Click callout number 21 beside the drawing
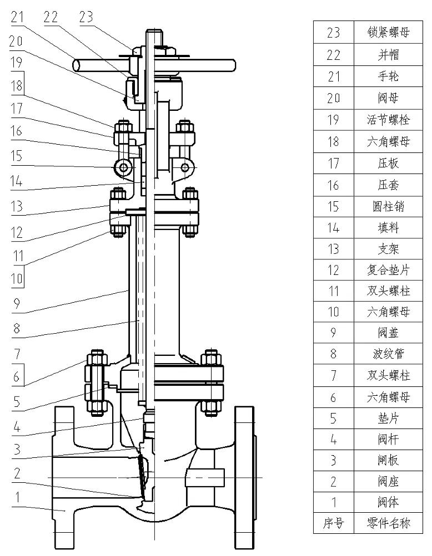point(17,17)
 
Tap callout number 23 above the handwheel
point(86,17)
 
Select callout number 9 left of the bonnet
point(16,304)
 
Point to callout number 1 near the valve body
point(17,497)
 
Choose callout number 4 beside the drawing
point(17,427)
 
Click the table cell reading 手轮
point(388,76)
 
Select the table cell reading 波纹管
point(388,354)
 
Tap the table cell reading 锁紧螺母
point(388,32)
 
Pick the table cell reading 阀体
point(388,502)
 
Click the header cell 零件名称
point(388,523)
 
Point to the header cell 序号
point(333,523)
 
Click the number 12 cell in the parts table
point(333,270)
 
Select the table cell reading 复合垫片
point(388,270)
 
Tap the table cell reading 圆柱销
point(388,206)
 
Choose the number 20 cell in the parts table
point(333,98)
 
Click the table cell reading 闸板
point(388,460)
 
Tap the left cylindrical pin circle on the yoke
point(124,167)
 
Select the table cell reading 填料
point(388,227)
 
